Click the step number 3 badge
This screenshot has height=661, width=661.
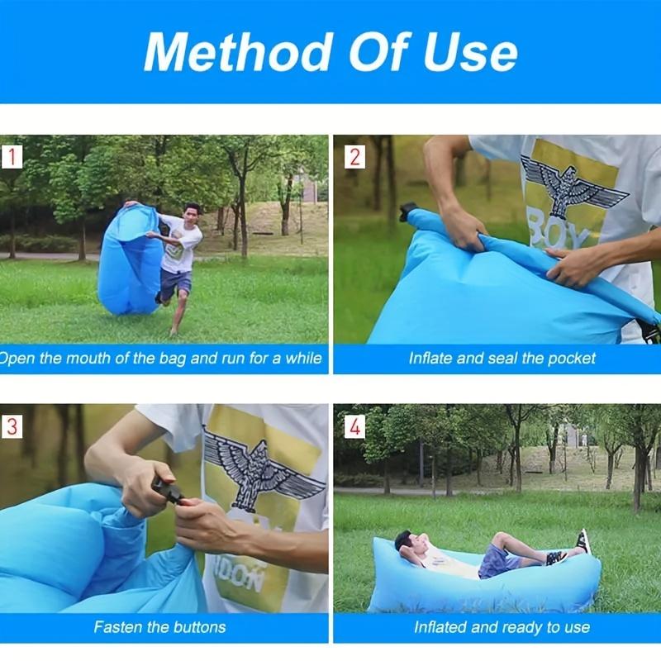(x=12, y=426)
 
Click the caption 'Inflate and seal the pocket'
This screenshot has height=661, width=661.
(x=502, y=359)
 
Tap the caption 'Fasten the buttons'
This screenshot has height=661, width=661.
(x=159, y=627)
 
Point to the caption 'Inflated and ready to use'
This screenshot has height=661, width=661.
(x=502, y=627)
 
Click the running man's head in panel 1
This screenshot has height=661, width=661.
(x=192, y=211)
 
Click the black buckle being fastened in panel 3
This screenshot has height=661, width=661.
(x=169, y=492)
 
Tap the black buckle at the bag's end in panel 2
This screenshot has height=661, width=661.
(x=408, y=212)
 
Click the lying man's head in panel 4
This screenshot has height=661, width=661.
(x=404, y=541)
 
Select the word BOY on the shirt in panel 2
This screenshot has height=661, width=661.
(x=557, y=234)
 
